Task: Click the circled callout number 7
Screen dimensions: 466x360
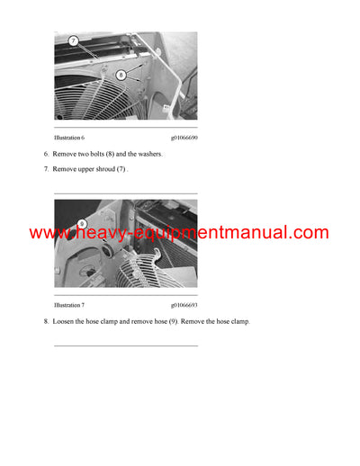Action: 74,40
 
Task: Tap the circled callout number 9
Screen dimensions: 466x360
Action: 81,223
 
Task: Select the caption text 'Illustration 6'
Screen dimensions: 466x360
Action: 69,138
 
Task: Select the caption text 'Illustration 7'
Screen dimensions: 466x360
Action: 69,305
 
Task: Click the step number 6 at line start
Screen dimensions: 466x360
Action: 46,155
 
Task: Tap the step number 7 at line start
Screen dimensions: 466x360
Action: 46,169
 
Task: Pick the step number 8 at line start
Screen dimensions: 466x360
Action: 46,321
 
